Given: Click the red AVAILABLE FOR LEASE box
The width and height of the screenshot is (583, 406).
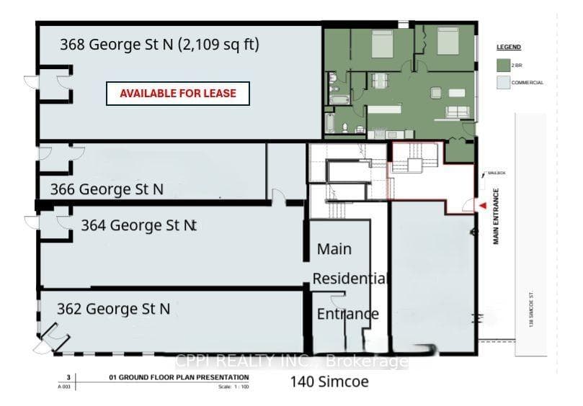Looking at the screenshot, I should click(177, 94).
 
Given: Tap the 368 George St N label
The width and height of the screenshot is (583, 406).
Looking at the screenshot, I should click(159, 45).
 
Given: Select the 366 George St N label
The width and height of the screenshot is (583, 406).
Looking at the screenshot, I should click(107, 189).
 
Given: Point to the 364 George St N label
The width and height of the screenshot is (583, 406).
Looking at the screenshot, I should click(138, 225).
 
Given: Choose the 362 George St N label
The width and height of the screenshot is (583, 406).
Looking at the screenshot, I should click(114, 309).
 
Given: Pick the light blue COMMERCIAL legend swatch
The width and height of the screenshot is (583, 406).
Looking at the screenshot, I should click(502, 83).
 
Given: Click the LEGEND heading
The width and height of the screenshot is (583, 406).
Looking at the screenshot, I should click(508, 47).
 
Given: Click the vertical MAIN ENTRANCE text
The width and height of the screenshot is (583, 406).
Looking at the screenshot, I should click(497, 217).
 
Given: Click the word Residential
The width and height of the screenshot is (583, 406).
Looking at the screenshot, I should click(351, 279).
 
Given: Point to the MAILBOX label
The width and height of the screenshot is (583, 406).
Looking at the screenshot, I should click(497, 173).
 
